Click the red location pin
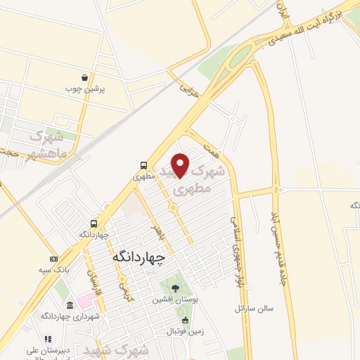pos(181,164)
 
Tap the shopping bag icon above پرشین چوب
pos(85,78)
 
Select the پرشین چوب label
pos(84,89)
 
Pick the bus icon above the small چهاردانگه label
pos(93,222)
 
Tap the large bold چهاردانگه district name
pos(139,258)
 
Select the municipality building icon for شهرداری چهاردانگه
pos(70,305)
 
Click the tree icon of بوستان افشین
pos(175,288)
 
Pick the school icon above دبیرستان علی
pos(47,338)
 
